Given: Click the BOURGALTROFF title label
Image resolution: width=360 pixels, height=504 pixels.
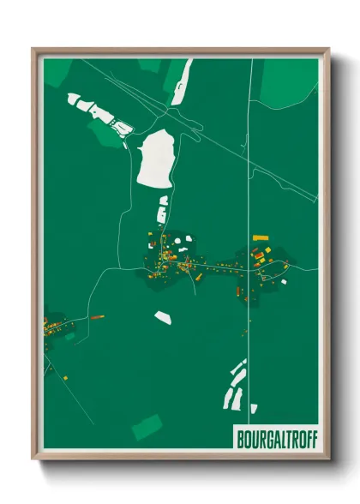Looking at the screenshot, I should coord(275,437).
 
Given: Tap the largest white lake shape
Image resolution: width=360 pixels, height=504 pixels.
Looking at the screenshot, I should coord(157,159).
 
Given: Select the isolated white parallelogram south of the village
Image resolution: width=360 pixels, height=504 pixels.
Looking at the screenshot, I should coord(162,317).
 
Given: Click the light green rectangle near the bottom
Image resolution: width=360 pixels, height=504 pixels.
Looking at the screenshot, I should coord(147,426).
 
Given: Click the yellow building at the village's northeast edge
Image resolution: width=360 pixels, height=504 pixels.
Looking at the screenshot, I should coord(261,237).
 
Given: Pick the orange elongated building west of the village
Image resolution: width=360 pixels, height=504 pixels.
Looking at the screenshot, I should coord(98,316).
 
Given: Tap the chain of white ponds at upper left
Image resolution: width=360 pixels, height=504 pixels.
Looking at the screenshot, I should coord(99,115).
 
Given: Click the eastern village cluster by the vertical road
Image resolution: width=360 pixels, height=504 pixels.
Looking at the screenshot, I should coord(261,266).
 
